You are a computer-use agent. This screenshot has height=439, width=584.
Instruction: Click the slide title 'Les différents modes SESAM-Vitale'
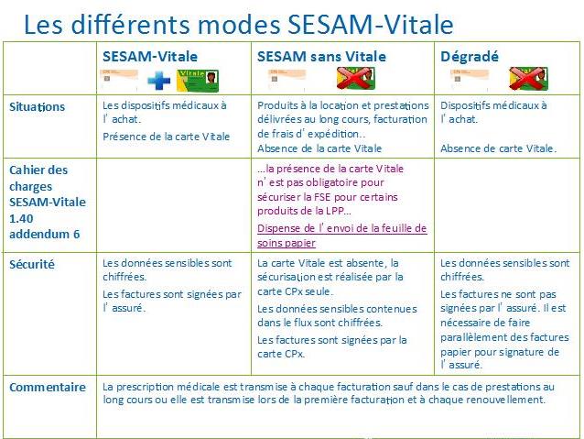coord(238,24)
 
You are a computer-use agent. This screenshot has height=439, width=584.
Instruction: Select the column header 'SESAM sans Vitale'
coord(321,56)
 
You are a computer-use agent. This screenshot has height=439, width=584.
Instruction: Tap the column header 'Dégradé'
coord(470,56)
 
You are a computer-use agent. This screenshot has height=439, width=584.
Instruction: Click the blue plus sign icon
coord(158,80)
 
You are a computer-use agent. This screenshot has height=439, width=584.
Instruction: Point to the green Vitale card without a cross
coord(198,81)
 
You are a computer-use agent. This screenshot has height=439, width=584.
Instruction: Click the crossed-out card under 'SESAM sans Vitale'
coord(355,78)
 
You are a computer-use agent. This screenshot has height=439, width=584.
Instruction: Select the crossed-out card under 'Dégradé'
coord(528,78)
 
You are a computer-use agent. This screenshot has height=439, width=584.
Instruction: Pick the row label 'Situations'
coord(37,107)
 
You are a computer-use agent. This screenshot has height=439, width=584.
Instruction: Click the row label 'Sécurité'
coord(32,265)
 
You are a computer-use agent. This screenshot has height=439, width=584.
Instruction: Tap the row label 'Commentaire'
coord(48,387)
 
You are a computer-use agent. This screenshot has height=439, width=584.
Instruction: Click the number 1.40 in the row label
coord(21,218)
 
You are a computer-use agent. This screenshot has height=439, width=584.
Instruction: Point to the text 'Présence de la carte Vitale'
coord(166,137)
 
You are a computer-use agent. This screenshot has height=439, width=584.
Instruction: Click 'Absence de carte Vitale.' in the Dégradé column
coord(498,148)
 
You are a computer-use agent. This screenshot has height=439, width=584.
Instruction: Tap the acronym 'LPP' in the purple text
coord(335,211)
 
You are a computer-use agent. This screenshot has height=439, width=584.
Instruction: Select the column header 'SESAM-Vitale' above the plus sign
coord(150,56)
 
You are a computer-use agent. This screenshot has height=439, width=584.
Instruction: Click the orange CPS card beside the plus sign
coord(119,79)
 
